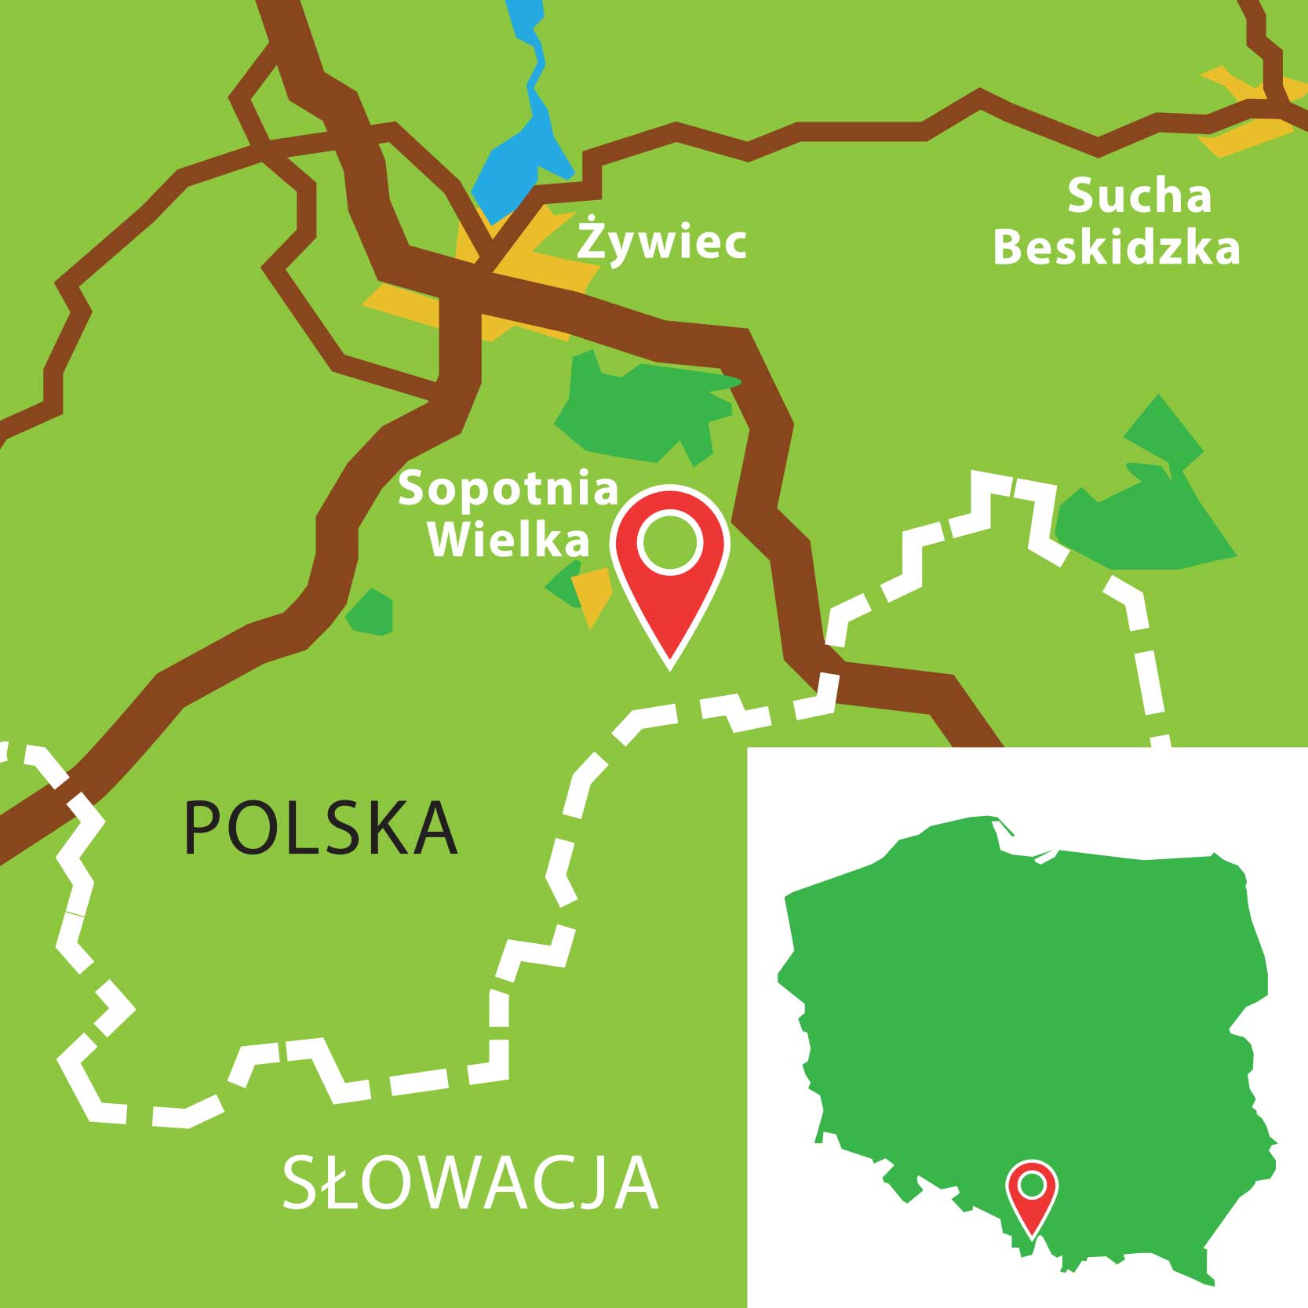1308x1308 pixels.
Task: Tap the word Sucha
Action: (x=1139, y=196)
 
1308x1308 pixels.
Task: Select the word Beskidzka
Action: (x=1117, y=248)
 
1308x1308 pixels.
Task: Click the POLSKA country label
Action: (x=320, y=828)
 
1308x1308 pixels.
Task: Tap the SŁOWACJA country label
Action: (x=470, y=1182)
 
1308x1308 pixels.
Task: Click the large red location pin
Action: (x=671, y=581)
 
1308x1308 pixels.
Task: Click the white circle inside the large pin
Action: (x=670, y=541)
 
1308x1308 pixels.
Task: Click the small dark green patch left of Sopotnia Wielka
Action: (x=370, y=612)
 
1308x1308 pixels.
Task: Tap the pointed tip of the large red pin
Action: (x=670, y=667)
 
